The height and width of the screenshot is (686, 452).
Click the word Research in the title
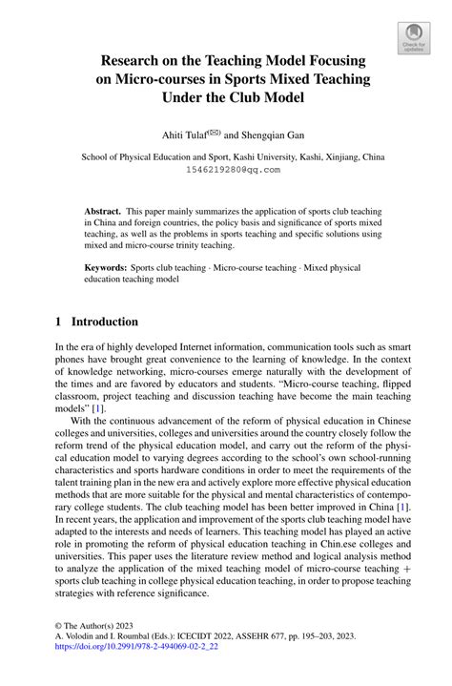point(139,60)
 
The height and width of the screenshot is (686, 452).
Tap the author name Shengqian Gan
point(280,135)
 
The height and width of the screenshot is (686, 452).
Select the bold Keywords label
point(107,269)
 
